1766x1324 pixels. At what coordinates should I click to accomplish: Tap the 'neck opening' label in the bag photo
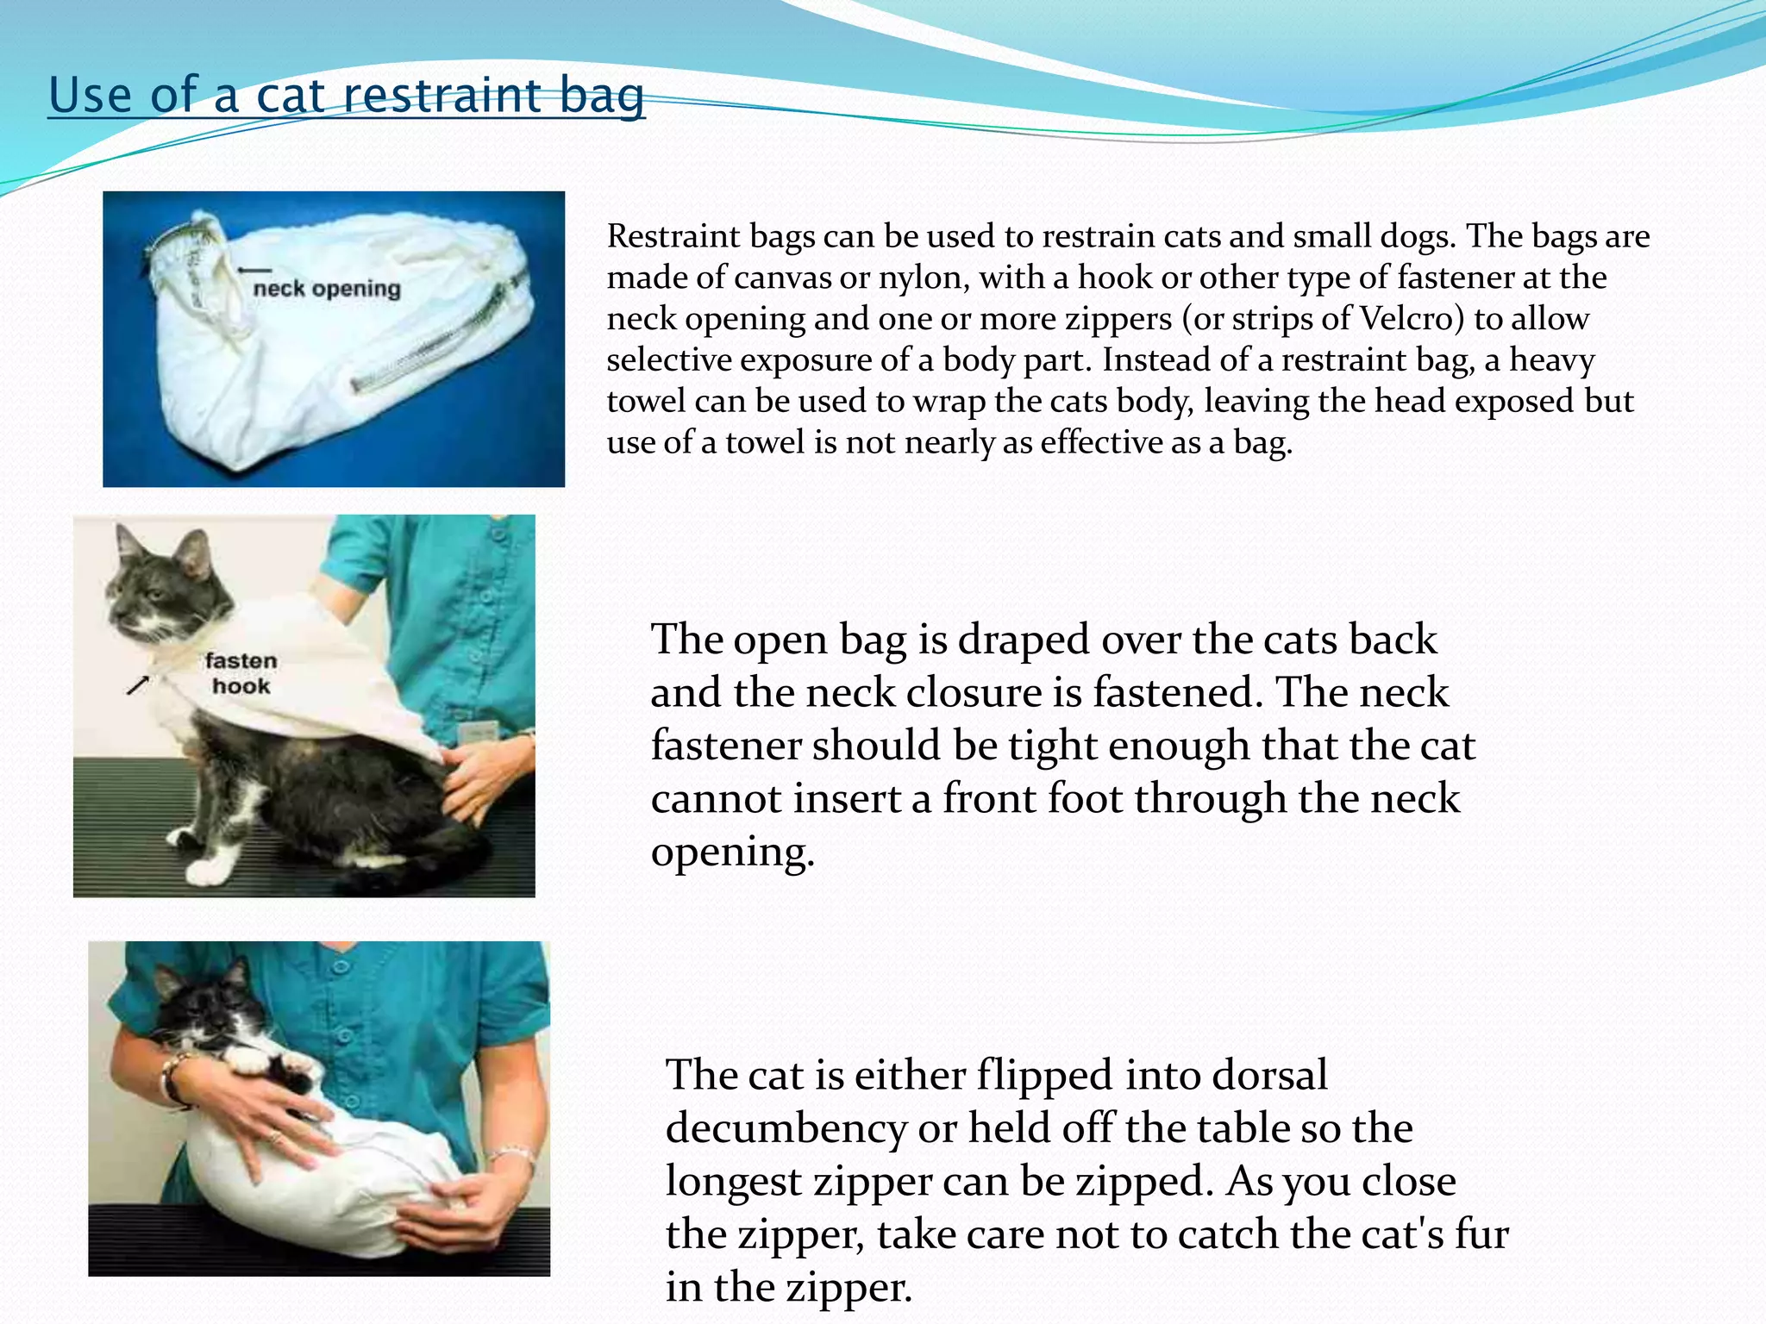[x=327, y=289]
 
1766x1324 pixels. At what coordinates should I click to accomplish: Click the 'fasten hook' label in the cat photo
[x=241, y=673]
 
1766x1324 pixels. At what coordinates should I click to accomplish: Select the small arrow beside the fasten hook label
[x=138, y=685]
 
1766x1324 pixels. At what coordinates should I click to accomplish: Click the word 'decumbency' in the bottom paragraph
[x=785, y=1128]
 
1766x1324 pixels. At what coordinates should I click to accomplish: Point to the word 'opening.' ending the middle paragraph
[x=732, y=852]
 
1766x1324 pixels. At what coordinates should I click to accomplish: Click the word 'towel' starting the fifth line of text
[x=646, y=402]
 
